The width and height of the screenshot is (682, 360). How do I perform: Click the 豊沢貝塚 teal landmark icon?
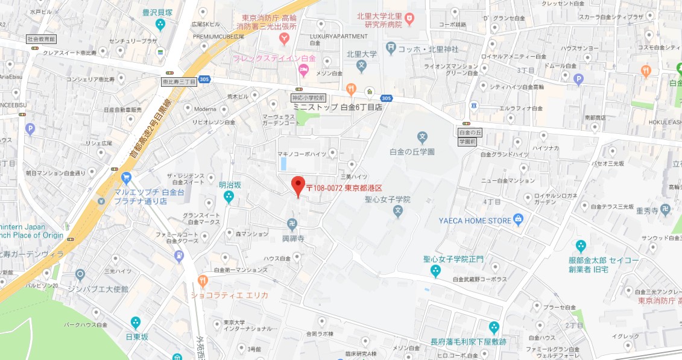pyautogui.click(x=160, y=24)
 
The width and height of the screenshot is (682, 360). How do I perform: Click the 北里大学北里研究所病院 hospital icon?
pyautogui.click(x=409, y=19)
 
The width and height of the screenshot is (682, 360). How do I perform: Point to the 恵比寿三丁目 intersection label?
pyautogui.click(x=180, y=81)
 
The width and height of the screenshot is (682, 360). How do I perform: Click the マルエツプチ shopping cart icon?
pyautogui.click(x=126, y=177)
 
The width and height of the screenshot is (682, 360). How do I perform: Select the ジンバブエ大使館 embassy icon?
pyautogui.click(x=80, y=275)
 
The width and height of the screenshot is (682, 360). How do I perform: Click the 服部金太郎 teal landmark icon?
pyautogui.click(x=581, y=245)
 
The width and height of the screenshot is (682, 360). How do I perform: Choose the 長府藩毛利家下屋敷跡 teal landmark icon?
pyautogui.click(x=494, y=328)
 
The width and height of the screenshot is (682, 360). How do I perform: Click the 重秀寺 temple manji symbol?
pyautogui.click(x=665, y=209)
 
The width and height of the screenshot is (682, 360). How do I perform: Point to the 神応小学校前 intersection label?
pyautogui.click(x=309, y=97)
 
